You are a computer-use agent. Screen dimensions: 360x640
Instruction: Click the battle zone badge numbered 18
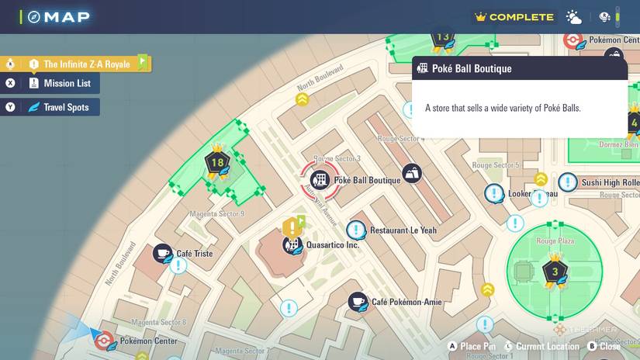[x=217, y=163]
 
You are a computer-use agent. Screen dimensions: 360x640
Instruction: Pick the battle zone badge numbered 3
[x=554, y=272]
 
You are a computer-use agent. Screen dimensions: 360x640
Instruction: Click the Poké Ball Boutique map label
[x=367, y=180]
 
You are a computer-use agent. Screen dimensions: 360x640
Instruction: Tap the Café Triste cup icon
[x=163, y=253]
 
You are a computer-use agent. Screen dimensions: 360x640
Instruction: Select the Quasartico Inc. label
[x=333, y=245]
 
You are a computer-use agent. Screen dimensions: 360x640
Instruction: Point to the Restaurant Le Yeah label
[x=403, y=230]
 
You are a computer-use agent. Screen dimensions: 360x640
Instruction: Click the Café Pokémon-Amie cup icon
[x=357, y=301]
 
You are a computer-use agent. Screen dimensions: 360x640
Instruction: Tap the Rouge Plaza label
[x=555, y=241]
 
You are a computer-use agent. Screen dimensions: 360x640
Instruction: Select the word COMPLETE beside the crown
[x=521, y=17]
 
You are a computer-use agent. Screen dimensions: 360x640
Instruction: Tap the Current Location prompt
[x=547, y=346]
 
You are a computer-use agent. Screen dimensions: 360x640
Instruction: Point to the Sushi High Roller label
[x=611, y=183]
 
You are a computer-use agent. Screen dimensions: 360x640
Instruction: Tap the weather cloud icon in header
[x=574, y=17]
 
